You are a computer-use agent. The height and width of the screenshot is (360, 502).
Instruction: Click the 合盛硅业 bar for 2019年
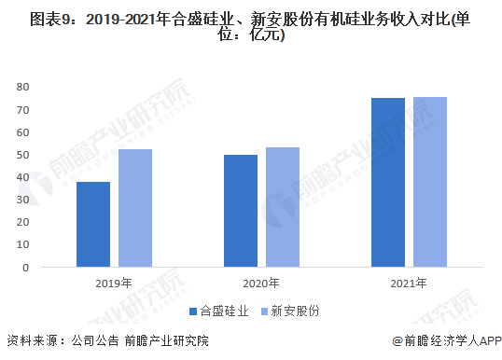pos(93,224)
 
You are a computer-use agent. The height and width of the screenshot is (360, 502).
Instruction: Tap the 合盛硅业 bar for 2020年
pos(241,211)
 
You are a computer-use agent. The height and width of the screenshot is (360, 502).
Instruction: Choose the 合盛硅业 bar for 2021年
pos(388,182)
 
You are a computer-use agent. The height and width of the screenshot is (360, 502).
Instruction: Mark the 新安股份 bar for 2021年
pos(430,182)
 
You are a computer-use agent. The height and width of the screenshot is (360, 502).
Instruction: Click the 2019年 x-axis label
pos(114,283)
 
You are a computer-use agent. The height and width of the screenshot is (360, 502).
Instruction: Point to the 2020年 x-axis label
pos(261,283)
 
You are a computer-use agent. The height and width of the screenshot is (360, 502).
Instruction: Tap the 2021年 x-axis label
pos(409,283)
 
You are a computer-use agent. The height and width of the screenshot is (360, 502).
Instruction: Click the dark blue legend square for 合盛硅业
pos(193,311)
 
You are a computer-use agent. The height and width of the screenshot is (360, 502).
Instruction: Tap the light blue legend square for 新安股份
pos(264,311)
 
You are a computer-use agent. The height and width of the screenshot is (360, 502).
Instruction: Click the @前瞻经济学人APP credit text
pos(445,341)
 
